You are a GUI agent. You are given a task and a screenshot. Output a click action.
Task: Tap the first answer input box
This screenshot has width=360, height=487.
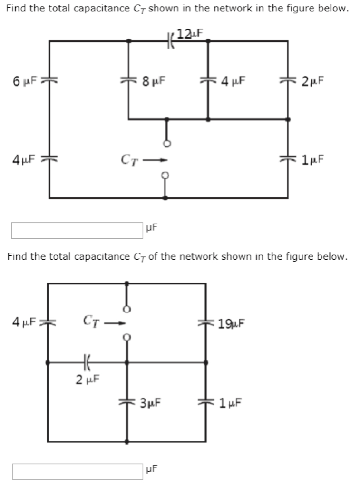click(x=77, y=230)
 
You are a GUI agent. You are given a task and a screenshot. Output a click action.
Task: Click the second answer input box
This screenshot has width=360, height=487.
click(x=77, y=471)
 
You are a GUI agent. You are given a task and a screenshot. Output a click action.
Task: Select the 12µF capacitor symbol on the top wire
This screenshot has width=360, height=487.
click(x=169, y=41)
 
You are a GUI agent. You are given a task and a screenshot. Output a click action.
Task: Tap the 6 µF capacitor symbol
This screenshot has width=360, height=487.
click(x=49, y=81)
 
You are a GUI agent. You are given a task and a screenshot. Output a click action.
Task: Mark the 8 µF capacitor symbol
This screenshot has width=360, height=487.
click(x=128, y=81)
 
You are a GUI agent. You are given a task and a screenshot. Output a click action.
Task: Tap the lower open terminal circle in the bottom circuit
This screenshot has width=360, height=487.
click(x=126, y=337)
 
